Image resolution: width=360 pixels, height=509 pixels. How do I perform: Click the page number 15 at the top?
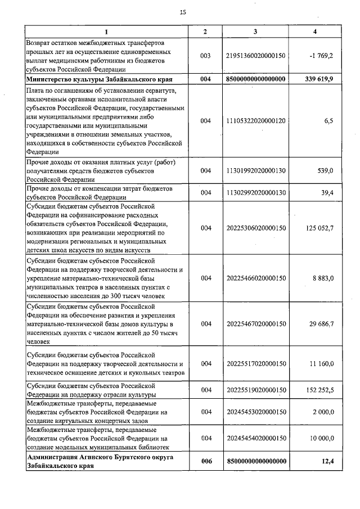point(183,12)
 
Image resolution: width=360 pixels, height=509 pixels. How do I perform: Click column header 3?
point(256,31)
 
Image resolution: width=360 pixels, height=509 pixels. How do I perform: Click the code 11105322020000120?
point(256,120)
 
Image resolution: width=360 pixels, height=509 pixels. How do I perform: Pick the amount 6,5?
point(328,120)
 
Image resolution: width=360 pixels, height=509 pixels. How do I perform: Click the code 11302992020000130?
point(256,192)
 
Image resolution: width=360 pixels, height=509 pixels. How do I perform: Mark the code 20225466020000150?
point(256,278)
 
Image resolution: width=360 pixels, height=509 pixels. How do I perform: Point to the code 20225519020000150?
point(256,390)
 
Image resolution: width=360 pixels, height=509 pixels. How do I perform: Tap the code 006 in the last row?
point(205,462)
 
